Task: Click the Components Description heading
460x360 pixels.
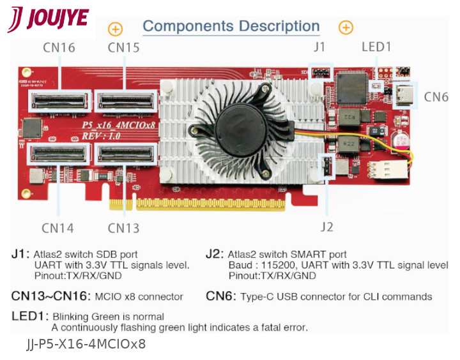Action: (x=231, y=26)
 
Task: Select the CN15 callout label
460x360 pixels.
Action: (x=124, y=47)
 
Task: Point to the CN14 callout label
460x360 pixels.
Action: (x=57, y=228)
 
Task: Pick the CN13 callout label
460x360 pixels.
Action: (x=123, y=228)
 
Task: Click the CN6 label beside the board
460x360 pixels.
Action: (x=436, y=97)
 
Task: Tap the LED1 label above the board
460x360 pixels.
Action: (x=376, y=47)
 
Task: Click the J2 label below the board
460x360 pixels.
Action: (x=326, y=227)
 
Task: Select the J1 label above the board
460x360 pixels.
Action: (x=320, y=47)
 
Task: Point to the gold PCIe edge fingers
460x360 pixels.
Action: (x=198, y=203)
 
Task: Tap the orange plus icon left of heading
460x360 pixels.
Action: (x=115, y=28)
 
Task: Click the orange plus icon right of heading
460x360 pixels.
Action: (x=346, y=27)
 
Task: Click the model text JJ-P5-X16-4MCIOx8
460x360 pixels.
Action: (x=86, y=345)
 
